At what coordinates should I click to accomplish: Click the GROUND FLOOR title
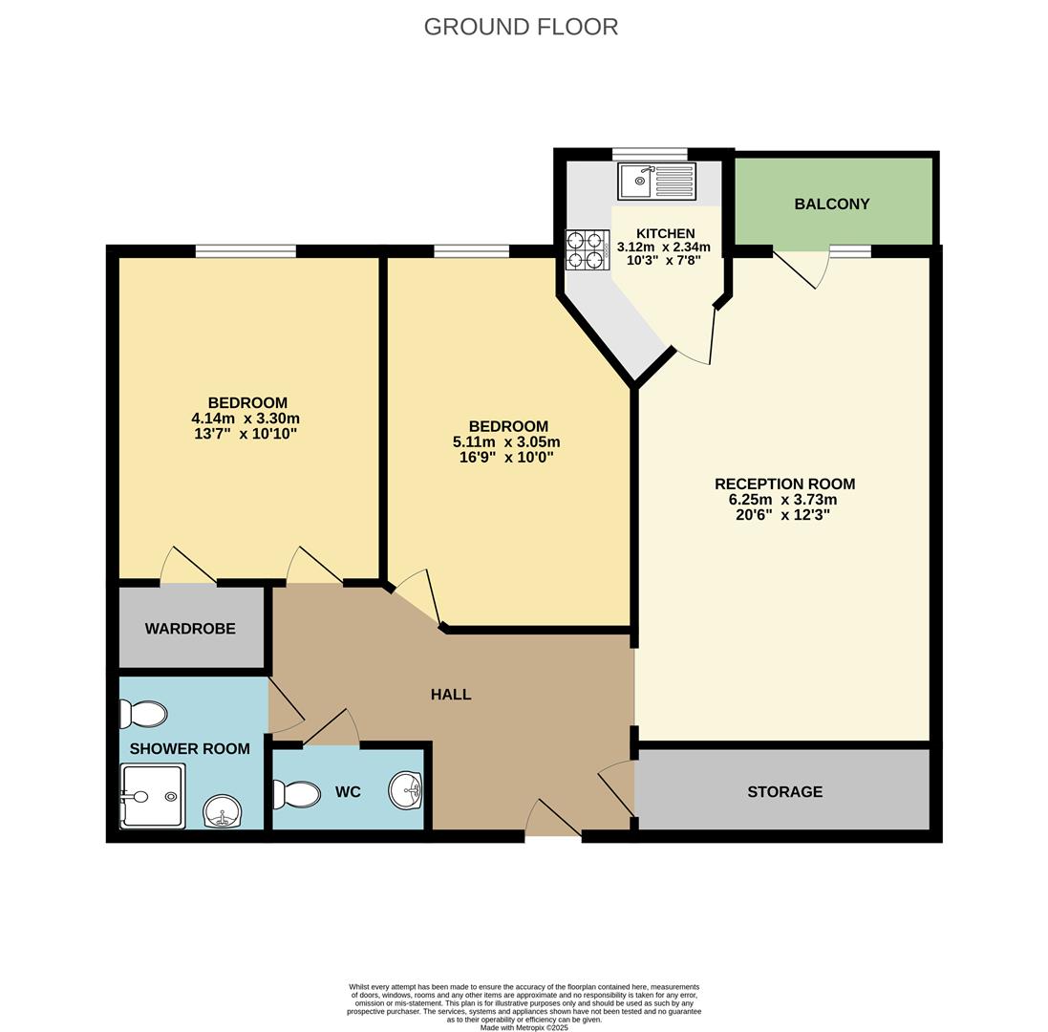coord(521,27)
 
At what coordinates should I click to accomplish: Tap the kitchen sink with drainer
coord(656,181)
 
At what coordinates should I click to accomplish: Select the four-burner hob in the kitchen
coord(588,250)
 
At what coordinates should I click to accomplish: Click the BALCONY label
coord(831,204)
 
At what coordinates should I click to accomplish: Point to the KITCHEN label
coord(665,233)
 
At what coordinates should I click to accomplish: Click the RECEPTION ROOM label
coord(784,484)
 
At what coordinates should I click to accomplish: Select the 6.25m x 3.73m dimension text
coord(784,500)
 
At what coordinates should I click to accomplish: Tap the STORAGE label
coord(784,791)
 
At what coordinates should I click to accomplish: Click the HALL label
coord(450,695)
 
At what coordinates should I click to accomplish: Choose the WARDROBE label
coord(190,628)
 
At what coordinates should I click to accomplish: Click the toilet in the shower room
coord(143,714)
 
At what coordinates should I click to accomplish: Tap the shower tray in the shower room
coord(153,796)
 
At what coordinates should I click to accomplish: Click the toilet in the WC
coord(296,794)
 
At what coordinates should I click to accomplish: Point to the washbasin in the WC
coord(406,790)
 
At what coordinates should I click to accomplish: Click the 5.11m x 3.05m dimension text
coord(505,442)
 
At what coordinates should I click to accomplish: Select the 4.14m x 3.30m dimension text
coord(246,419)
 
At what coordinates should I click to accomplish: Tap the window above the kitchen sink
coord(650,154)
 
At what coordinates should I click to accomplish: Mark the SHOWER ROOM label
coord(189,748)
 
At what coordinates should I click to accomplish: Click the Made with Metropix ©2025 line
coord(524,1027)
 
